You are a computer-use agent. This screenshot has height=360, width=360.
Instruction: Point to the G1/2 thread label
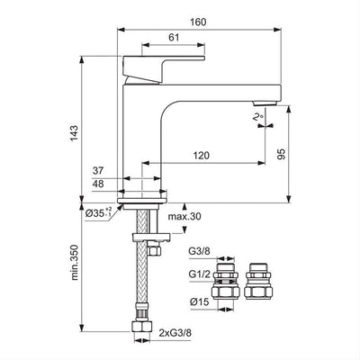pos(199,274)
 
